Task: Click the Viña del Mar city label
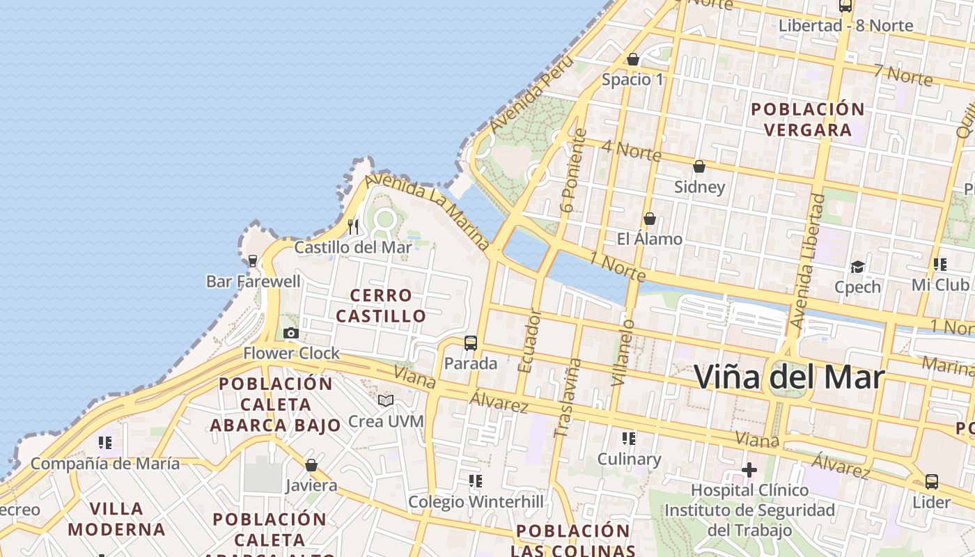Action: (x=790, y=377)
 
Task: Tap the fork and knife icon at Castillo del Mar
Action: (x=353, y=226)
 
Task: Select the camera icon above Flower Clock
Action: (x=291, y=334)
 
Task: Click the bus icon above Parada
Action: (x=471, y=343)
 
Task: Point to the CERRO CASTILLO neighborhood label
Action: (x=381, y=306)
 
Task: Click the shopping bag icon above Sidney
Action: (x=699, y=166)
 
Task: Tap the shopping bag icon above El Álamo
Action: (x=650, y=219)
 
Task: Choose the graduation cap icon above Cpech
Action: (x=857, y=267)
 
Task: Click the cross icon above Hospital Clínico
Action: (x=749, y=470)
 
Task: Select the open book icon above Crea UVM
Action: (x=386, y=401)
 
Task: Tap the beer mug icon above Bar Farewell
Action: (x=253, y=261)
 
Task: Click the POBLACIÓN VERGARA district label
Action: (x=808, y=120)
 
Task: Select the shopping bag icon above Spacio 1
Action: (x=633, y=59)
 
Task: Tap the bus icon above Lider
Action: (x=931, y=481)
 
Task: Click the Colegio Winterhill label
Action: (x=476, y=502)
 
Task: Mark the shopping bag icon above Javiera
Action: (x=311, y=465)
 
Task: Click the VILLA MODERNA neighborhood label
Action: (x=117, y=519)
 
